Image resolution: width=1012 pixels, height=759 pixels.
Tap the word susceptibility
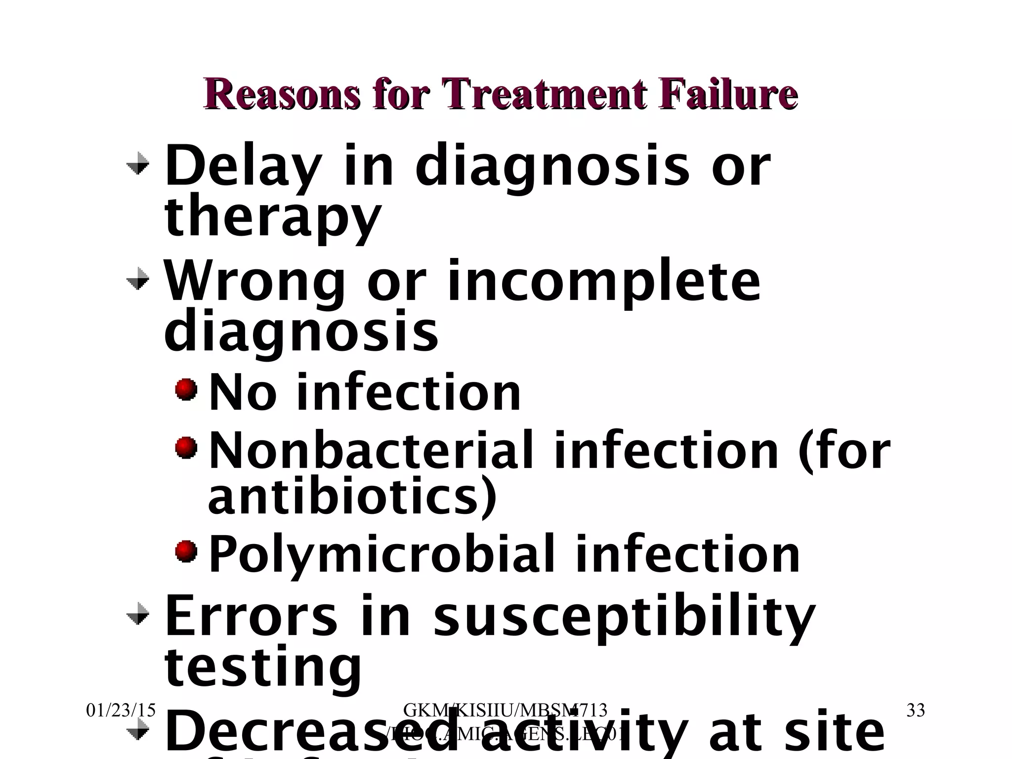tap(624, 618)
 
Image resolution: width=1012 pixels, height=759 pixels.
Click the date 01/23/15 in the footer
tap(121, 711)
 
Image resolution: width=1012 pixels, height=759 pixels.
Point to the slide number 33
tap(916, 711)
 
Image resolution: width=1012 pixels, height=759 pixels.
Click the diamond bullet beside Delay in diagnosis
tap(137, 164)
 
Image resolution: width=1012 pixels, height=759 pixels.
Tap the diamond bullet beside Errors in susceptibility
tap(137, 614)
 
